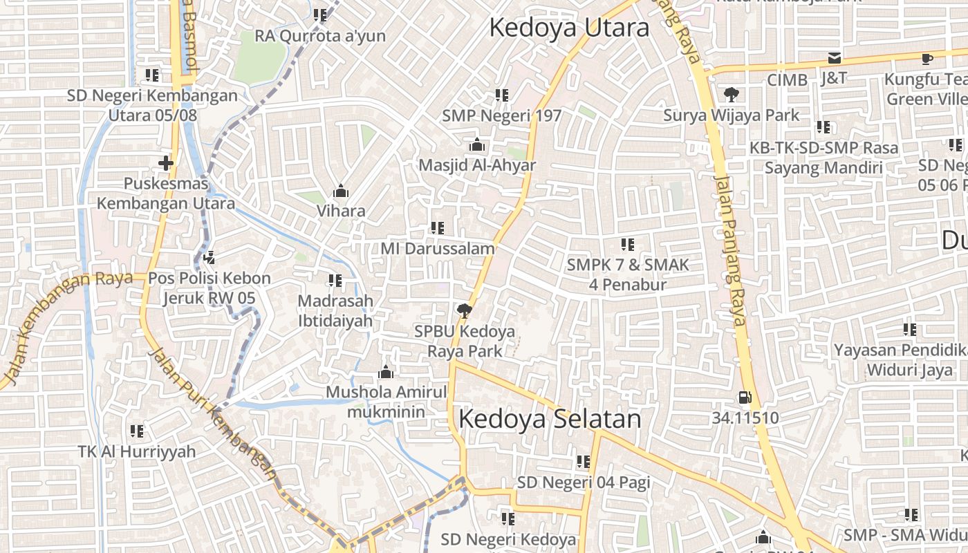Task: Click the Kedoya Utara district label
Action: point(569,28)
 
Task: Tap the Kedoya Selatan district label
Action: point(550,419)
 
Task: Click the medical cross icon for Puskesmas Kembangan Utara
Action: point(165,163)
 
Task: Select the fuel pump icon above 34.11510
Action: point(745,397)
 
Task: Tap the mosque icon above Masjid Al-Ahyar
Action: point(476,145)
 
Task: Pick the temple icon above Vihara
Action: point(340,191)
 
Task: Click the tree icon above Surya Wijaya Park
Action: point(730,95)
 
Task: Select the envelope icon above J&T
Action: point(835,58)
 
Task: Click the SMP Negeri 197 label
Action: point(502,115)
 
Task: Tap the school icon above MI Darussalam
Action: point(437,227)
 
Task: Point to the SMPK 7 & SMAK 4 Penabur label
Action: point(627,274)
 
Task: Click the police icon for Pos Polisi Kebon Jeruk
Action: point(210,258)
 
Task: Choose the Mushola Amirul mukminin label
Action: point(386,402)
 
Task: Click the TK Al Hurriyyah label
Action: point(137,451)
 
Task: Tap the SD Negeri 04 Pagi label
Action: point(584,482)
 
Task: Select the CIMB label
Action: point(787,80)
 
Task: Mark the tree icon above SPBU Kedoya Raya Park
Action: point(464,310)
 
